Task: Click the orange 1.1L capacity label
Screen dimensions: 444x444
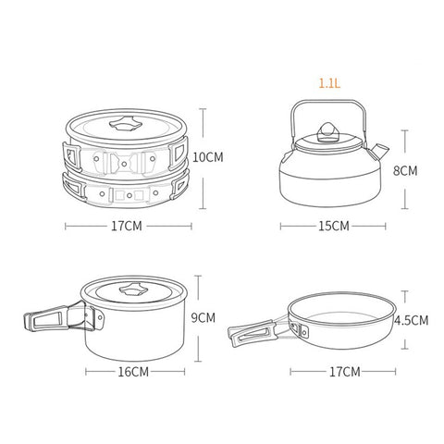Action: [329, 83]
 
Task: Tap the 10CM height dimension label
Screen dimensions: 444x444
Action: [208, 157]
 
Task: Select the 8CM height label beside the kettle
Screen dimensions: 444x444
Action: [405, 170]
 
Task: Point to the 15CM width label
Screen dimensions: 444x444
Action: [334, 226]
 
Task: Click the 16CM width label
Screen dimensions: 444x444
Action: [133, 372]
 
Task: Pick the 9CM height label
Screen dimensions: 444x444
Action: [203, 318]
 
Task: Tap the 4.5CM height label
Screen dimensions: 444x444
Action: [412, 320]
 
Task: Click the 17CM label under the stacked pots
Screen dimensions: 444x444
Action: [127, 226]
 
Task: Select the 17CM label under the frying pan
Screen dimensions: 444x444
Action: [345, 372]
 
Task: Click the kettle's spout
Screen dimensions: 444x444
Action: [379, 151]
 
